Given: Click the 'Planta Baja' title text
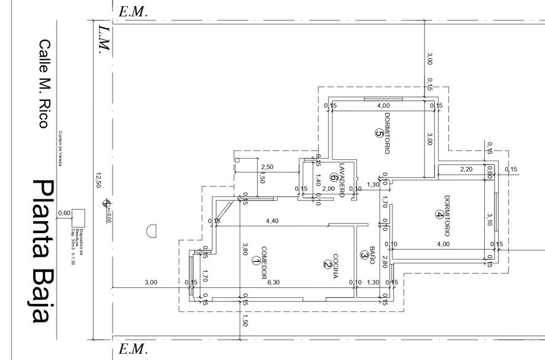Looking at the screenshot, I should (x=41, y=251).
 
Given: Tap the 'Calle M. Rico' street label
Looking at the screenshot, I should (x=44, y=84).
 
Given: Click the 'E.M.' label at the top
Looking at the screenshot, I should (x=133, y=11).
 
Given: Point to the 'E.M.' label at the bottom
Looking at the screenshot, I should (x=133, y=350).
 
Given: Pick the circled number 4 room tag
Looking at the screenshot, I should (x=438, y=215).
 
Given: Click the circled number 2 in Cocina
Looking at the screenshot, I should (x=327, y=265).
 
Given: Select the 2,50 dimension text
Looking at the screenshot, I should (x=266, y=167).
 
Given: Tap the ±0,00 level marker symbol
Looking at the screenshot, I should (x=107, y=202).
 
